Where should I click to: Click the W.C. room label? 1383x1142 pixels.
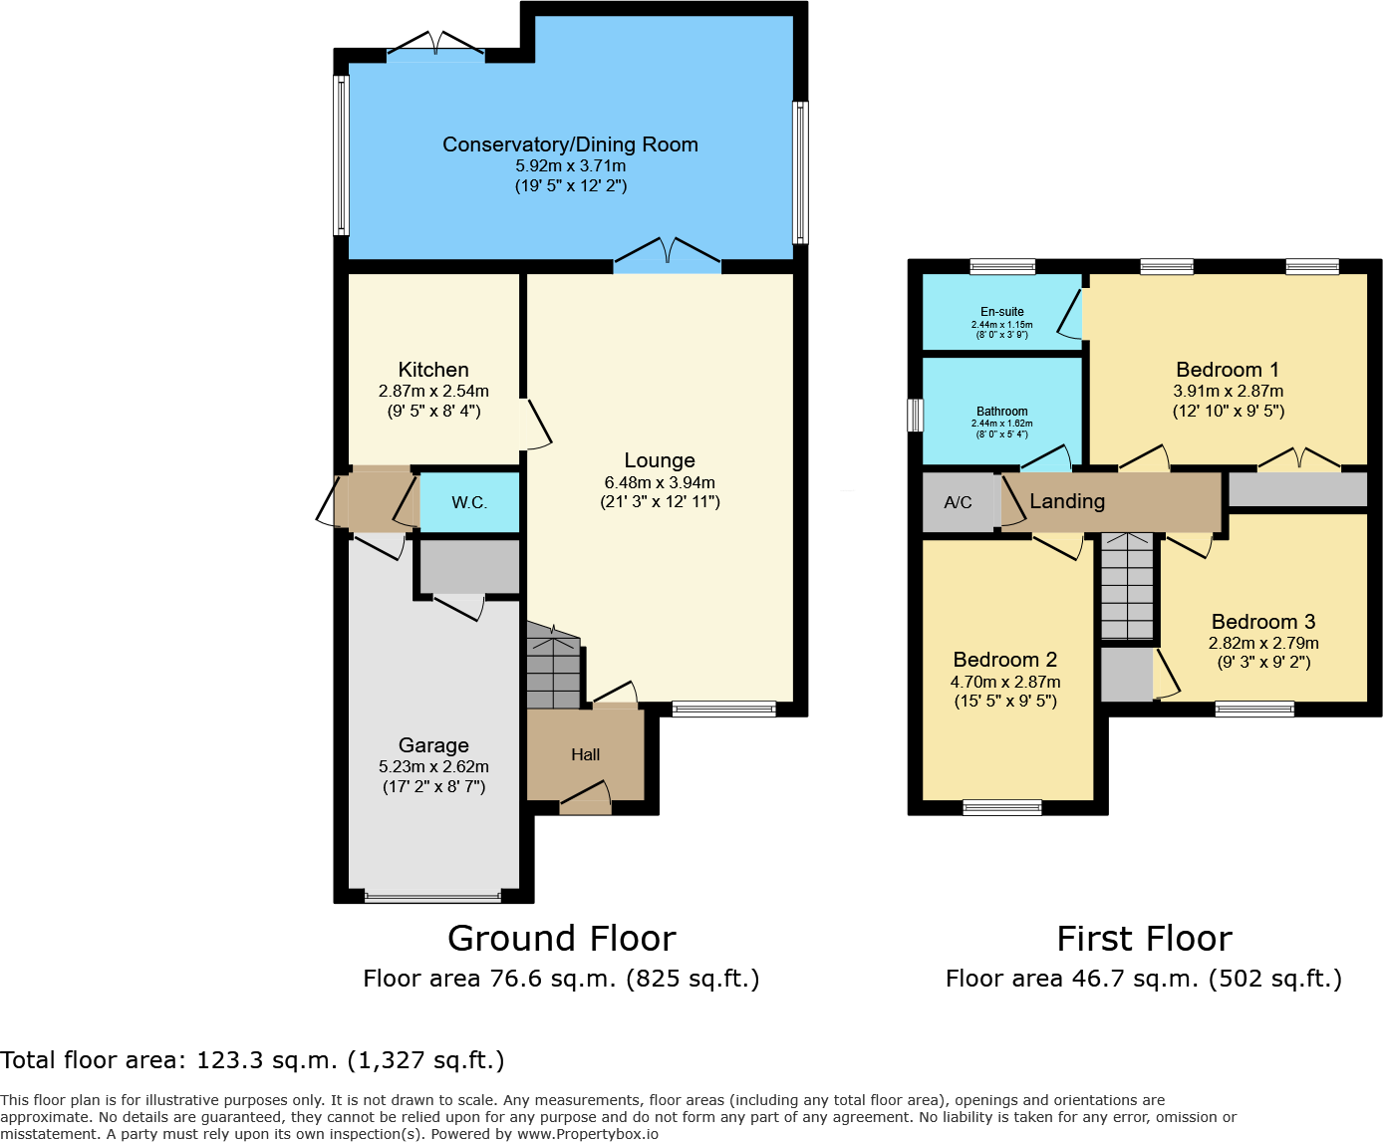(469, 502)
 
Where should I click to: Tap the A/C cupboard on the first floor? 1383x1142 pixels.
(958, 502)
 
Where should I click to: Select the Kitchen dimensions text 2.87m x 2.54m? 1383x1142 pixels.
(433, 392)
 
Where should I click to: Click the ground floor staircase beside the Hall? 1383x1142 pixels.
(553, 669)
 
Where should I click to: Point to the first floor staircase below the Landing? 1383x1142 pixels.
(1127, 588)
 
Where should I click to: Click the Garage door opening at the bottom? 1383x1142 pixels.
(433, 897)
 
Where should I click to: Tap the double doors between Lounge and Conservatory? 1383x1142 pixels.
(667, 257)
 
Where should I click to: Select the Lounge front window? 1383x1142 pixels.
(723, 710)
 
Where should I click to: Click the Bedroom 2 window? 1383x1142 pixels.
(1002, 807)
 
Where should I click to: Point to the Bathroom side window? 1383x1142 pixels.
(915, 415)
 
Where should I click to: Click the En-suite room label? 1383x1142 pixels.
(1002, 312)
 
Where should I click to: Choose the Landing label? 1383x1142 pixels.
(1067, 501)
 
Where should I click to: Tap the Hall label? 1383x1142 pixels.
(586, 755)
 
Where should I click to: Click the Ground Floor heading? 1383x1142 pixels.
(562, 939)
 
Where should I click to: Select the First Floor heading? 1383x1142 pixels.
(1144, 939)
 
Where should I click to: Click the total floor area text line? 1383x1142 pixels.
(253, 1060)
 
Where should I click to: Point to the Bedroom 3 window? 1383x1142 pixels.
(1254, 710)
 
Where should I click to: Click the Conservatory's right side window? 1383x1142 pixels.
(800, 172)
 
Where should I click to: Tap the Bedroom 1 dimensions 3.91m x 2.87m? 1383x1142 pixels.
(1229, 392)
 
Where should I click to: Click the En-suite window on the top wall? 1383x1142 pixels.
(1002, 266)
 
